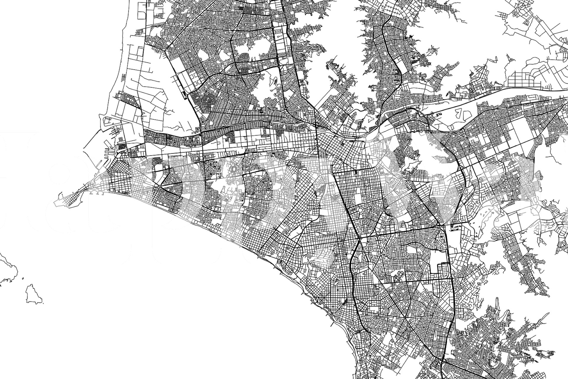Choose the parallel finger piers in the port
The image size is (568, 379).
(112, 130)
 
